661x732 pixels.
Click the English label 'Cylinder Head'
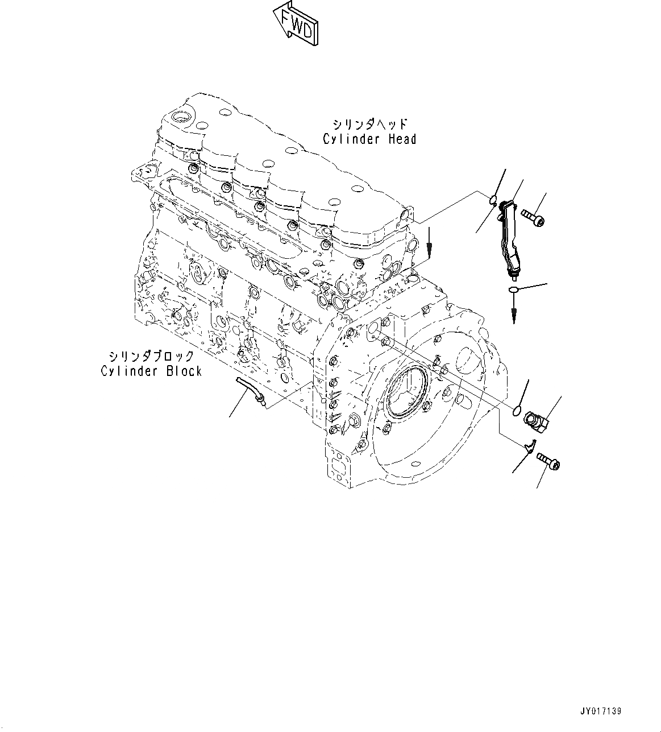coord(369,139)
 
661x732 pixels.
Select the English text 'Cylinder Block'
coord(152,371)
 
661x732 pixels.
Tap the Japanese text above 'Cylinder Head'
coord(370,123)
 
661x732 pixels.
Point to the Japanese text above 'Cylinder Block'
coord(152,356)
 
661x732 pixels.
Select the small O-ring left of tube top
coord(493,199)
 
